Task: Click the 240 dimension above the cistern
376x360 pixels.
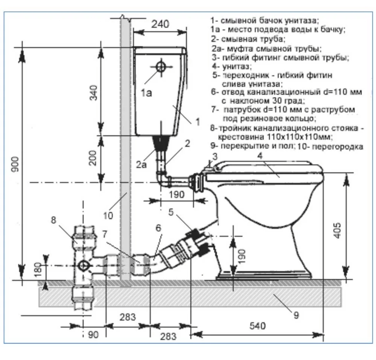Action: click(x=160, y=24)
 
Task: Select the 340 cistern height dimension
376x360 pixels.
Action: click(x=94, y=93)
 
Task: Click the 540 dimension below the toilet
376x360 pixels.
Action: click(x=258, y=326)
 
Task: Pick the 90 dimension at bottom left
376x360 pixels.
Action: click(x=93, y=335)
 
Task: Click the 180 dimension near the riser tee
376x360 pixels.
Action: click(x=38, y=270)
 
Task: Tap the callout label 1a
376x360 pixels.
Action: click(x=146, y=93)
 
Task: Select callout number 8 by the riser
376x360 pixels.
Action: click(x=54, y=219)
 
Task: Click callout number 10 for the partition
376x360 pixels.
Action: click(x=108, y=216)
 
